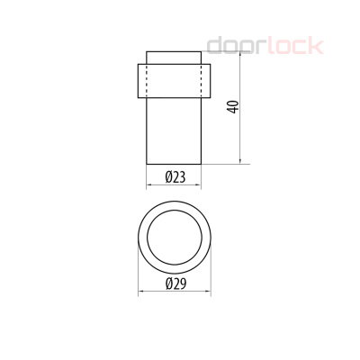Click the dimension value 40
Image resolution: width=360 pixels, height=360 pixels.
pyautogui.click(x=233, y=106)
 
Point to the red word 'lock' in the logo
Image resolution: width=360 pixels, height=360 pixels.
pyautogui.click(x=286, y=46)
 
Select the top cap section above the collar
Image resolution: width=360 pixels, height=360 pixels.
pyautogui.click(x=174, y=57)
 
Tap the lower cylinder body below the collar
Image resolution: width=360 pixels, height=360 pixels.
pyautogui.click(x=174, y=130)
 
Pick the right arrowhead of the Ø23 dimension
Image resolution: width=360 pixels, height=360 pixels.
pyautogui.click(x=199, y=186)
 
